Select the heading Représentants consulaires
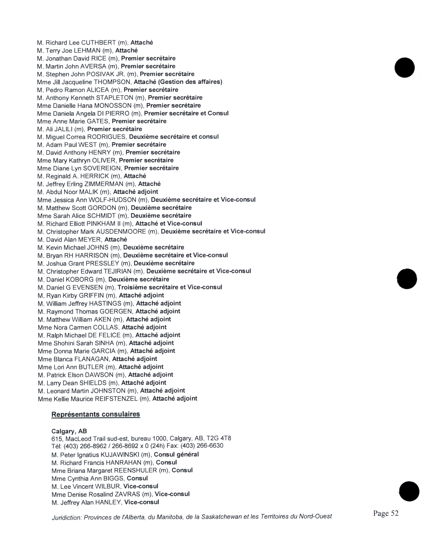tap(95, 414)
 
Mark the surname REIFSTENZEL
tap(116, 399)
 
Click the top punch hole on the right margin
tap(404, 67)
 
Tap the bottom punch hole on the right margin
tap(409, 491)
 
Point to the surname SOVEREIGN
tap(102, 168)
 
